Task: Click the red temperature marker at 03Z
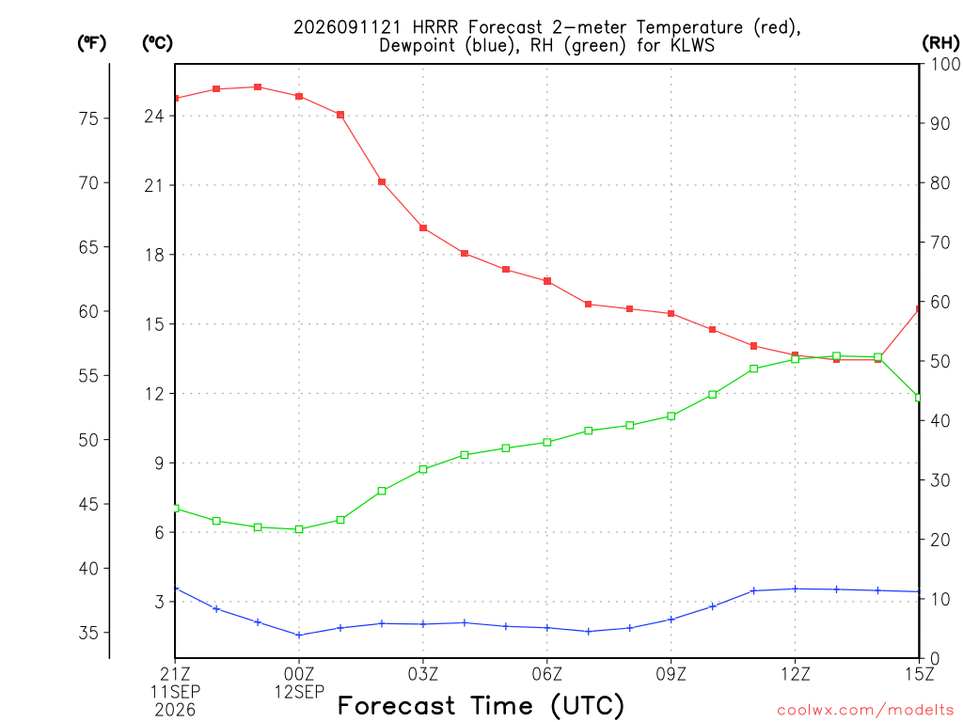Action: click(423, 228)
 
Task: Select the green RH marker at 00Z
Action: click(299, 529)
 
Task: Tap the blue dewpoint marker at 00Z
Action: click(299, 635)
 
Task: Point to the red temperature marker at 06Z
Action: click(547, 281)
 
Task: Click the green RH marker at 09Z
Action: click(671, 416)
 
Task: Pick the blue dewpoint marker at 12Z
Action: click(796, 589)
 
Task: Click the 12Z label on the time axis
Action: click(796, 675)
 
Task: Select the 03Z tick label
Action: click(423, 675)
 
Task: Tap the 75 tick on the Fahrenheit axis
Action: click(88, 118)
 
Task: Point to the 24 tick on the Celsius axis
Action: click(155, 116)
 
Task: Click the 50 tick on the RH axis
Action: click(939, 361)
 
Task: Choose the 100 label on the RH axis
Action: click(945, 64)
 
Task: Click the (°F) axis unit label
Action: click(91, 43)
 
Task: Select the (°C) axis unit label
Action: click(157, 43)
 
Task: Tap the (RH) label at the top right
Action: click(940, 43)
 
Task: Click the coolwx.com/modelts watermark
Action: click(865, 711)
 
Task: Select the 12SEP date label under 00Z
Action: click(299, 692)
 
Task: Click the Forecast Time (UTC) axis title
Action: click(481, 706)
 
